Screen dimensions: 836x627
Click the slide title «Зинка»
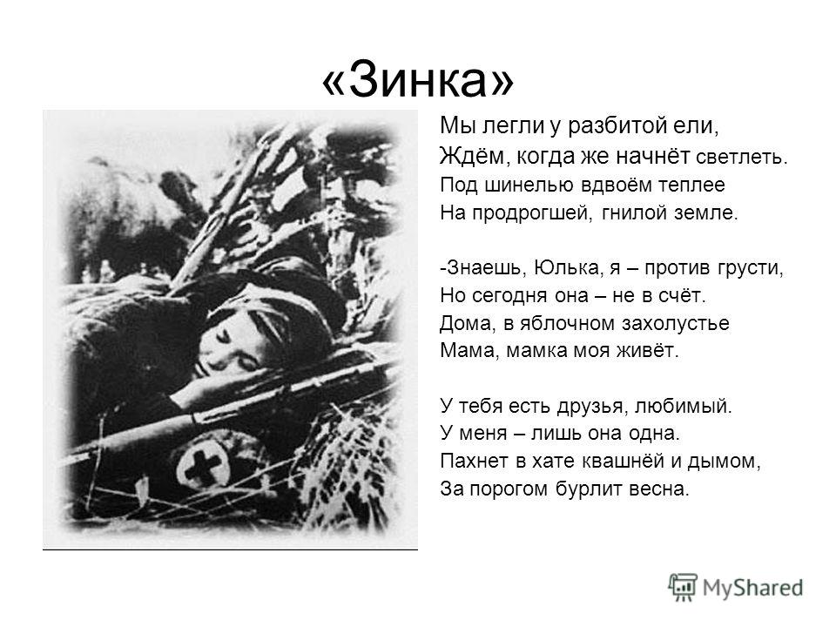[x=418, y=79]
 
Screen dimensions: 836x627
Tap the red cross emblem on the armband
[x=200, y=465]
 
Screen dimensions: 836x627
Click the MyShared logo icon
[x=683, y=588]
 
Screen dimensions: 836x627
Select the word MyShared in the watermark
[x=752, y=588]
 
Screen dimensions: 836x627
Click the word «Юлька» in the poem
[x=569, y=267]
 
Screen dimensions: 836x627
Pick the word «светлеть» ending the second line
[x=742, y=158]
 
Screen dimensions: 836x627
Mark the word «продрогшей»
[x=533, y=213]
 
